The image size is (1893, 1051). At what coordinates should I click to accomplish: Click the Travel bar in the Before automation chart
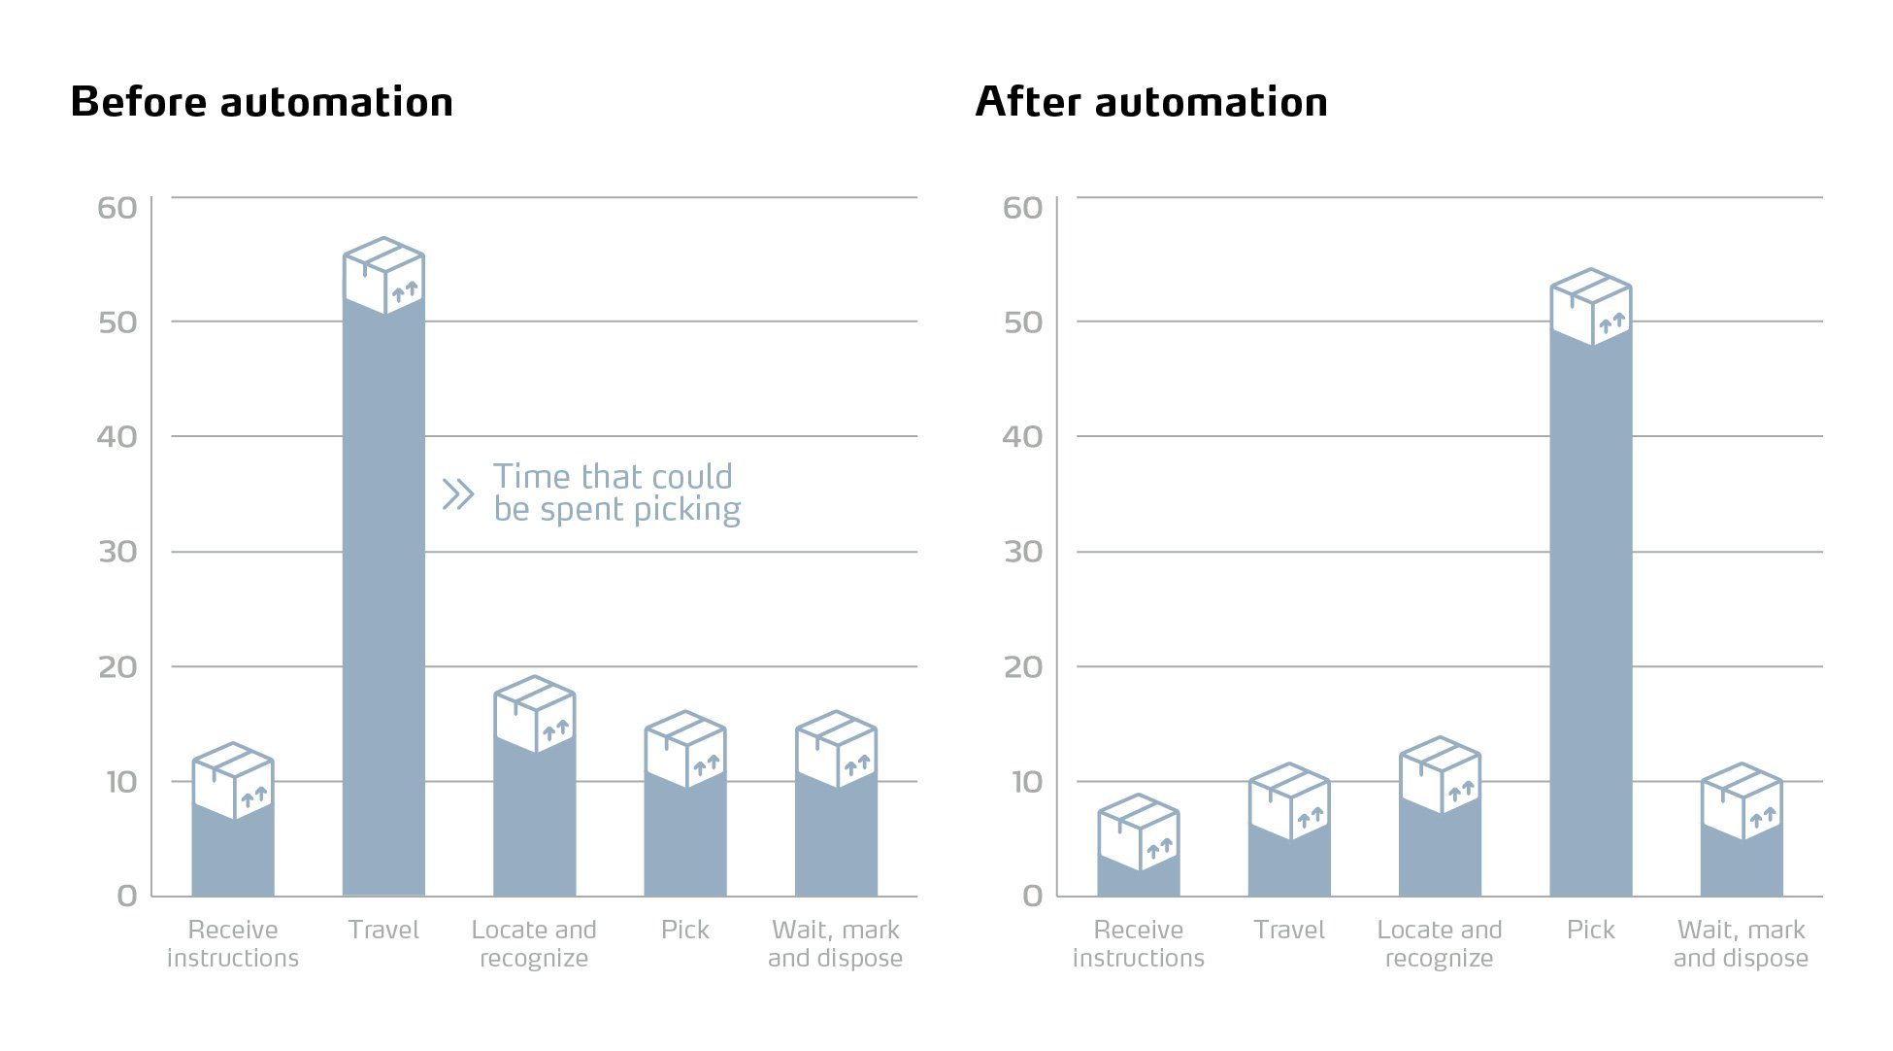pyautogui.click(x=383, y=602)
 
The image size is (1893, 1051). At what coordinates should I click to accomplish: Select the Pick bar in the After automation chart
pyautogui.click(x=1590, y=622)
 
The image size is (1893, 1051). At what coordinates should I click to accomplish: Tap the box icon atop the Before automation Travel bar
pyautogui.click(x=383, y=276)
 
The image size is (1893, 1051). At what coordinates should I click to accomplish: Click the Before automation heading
pyautogui.click(x=262, y=102)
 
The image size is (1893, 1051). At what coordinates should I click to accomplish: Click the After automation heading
pyautogui.click(x=1151, y=102)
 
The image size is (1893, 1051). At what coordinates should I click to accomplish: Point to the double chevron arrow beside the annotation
pyautogui.click(x=457, y=494)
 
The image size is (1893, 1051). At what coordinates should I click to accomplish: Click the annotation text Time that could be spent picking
pyautogui.click(x=615, y=492)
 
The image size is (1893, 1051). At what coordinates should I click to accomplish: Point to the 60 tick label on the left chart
pyautogui.click(x=117, y=208)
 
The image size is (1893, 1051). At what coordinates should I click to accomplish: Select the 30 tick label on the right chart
pyautogui.click(x=1022, y=552)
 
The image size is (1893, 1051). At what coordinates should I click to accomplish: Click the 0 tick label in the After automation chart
pyautogui.click(x=1032, y=896)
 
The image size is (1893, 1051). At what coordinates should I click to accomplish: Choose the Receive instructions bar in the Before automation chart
pyautogui.click(x=233, y=855)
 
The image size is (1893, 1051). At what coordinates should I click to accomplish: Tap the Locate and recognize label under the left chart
pyautogui.click(x=534, y=943)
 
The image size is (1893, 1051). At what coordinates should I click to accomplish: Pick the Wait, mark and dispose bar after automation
pyautogui.click(x=1742, y=865)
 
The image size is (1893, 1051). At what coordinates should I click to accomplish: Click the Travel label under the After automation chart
pyautogui.click(x=1288, y=930)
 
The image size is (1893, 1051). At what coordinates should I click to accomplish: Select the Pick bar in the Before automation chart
pyautogui.click(x=685, y=840)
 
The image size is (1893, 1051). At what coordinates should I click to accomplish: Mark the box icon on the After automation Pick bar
pyautogui.click(x=1590, y=307)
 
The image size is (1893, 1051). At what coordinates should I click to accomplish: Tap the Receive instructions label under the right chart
pyautogui.click(x=1138, y=943)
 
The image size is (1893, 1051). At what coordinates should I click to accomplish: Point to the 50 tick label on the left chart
pyautogui.click(x=117, y=322)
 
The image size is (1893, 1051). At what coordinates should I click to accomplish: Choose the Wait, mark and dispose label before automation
pyautogui.click(x=835, y=943)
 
